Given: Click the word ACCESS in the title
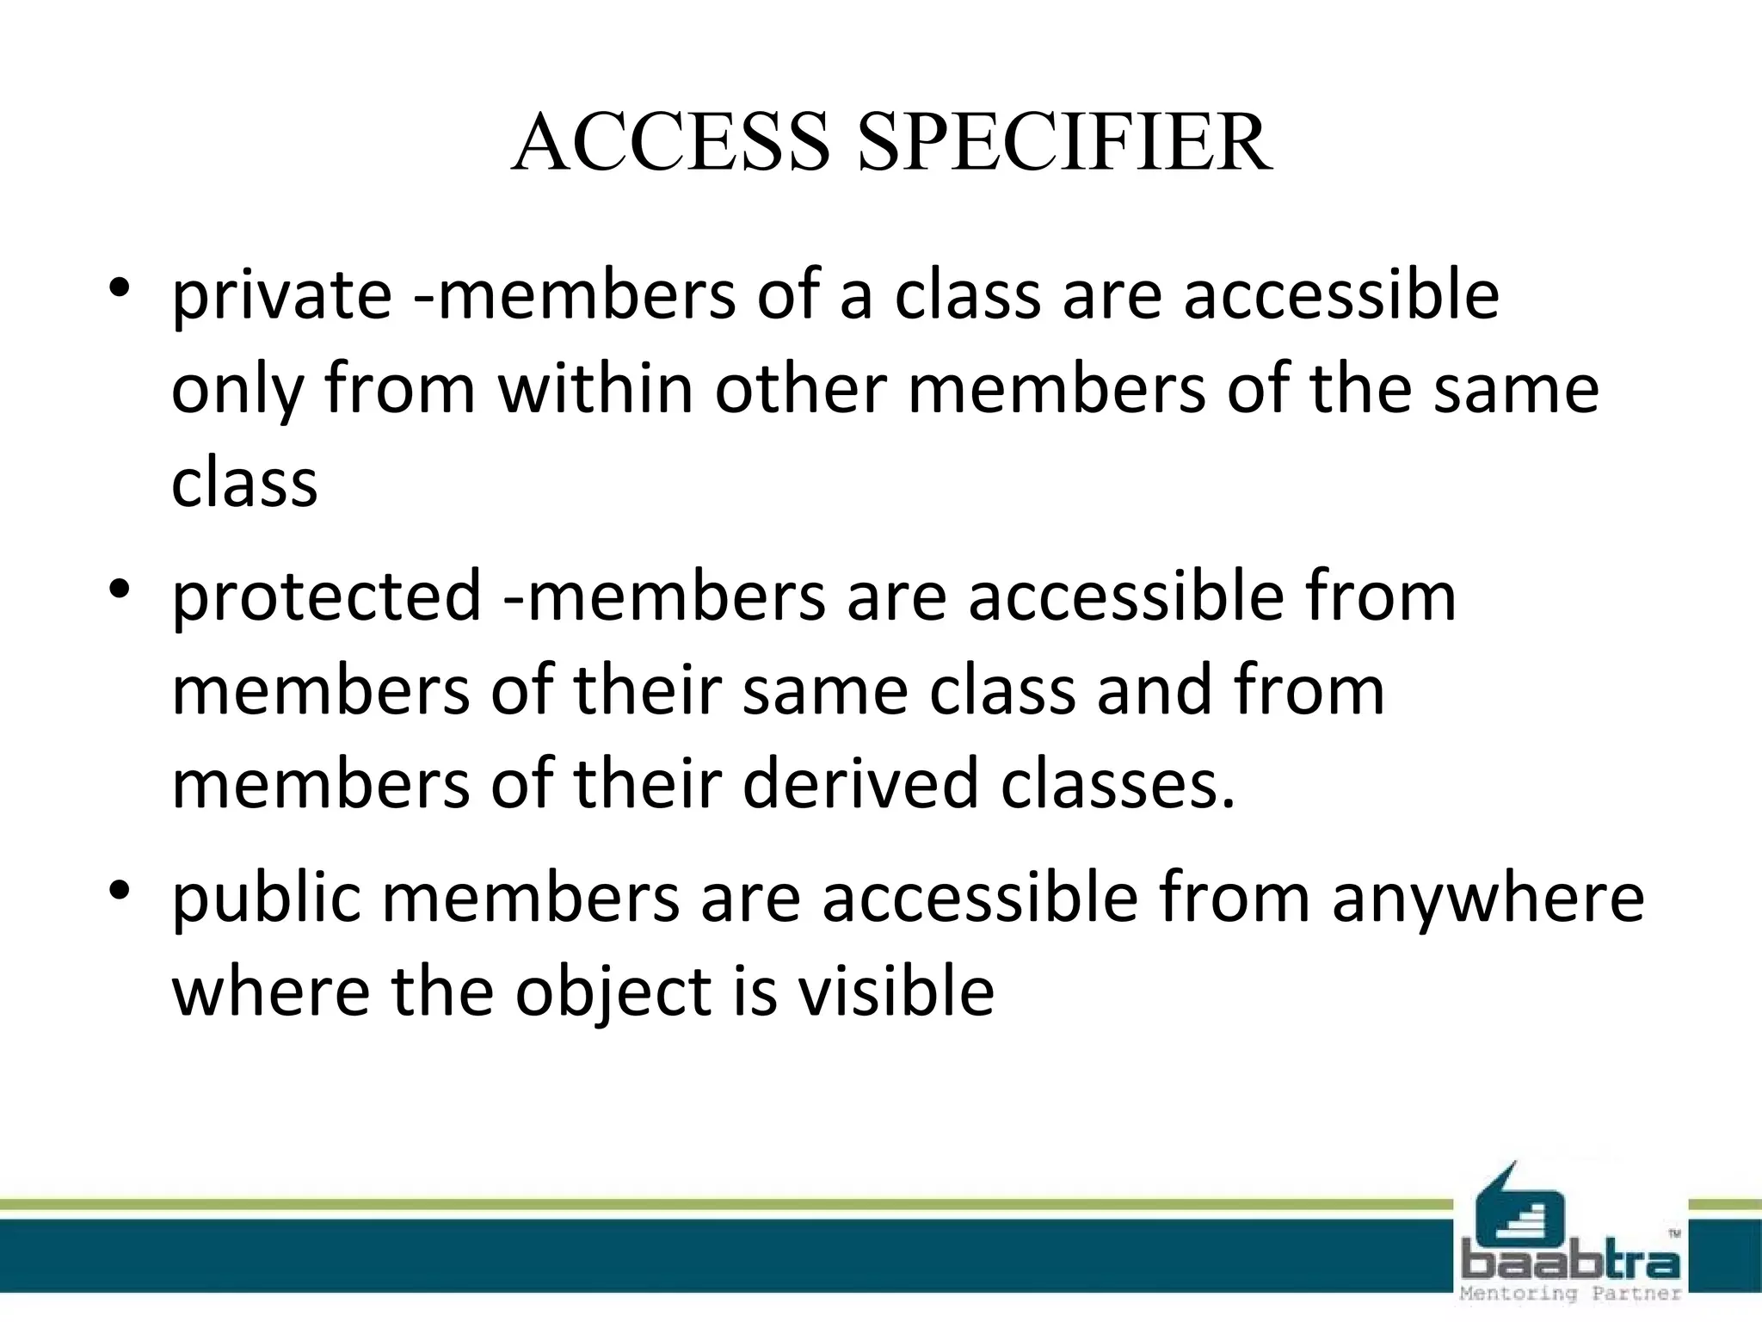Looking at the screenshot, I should pyautogui.click(x=670, y=143).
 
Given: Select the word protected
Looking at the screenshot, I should pyautogui.click(x=326, y=598).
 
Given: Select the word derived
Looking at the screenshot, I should pyautogui.click(x=859, y=784).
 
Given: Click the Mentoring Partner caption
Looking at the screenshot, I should pyautogui.click(x=1571, y=1294).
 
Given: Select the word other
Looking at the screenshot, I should pyautogui.click(x=800, y=389).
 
